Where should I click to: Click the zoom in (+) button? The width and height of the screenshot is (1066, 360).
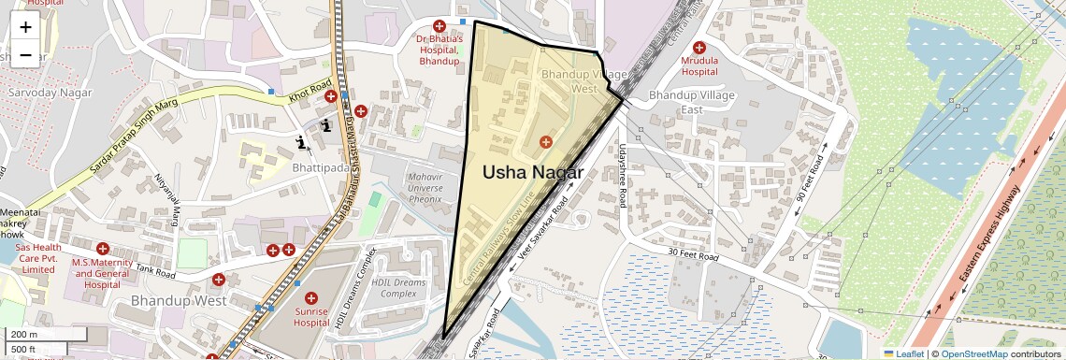[x=25, y=26]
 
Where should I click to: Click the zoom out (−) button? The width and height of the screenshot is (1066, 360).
[x=25, y=54]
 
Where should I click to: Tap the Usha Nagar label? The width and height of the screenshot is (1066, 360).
[x=532, y=173]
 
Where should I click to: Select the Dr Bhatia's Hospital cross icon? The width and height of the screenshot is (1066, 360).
[x=439, y=25]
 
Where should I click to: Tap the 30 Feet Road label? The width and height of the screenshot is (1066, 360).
[x=693, y=255]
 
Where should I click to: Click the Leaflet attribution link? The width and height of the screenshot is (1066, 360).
[x=904, y=353]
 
